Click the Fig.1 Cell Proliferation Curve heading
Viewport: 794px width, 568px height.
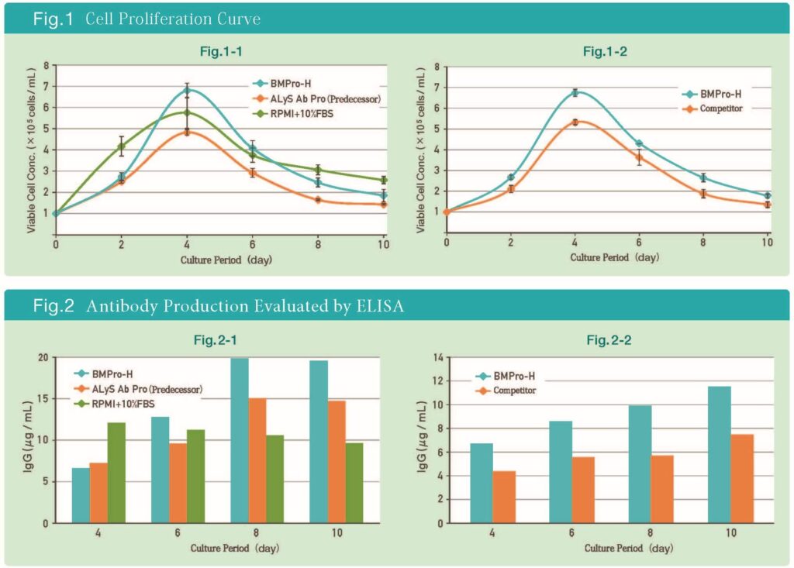[147, 19]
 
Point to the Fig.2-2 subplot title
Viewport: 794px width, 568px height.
[609, 340]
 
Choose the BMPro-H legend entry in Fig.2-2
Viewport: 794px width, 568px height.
[508, 377]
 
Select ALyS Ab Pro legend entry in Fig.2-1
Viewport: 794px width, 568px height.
[147, 388]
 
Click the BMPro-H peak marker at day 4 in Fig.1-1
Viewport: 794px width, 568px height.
[187, 91]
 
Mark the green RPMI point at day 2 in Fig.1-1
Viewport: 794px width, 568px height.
[121, 146]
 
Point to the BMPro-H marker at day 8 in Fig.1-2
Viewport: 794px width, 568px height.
[703, 177]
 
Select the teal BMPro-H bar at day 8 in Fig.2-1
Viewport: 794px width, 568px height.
[239, 440]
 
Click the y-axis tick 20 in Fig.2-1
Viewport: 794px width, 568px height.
[43, 358]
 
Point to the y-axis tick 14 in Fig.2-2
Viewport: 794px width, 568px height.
[438, 358]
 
